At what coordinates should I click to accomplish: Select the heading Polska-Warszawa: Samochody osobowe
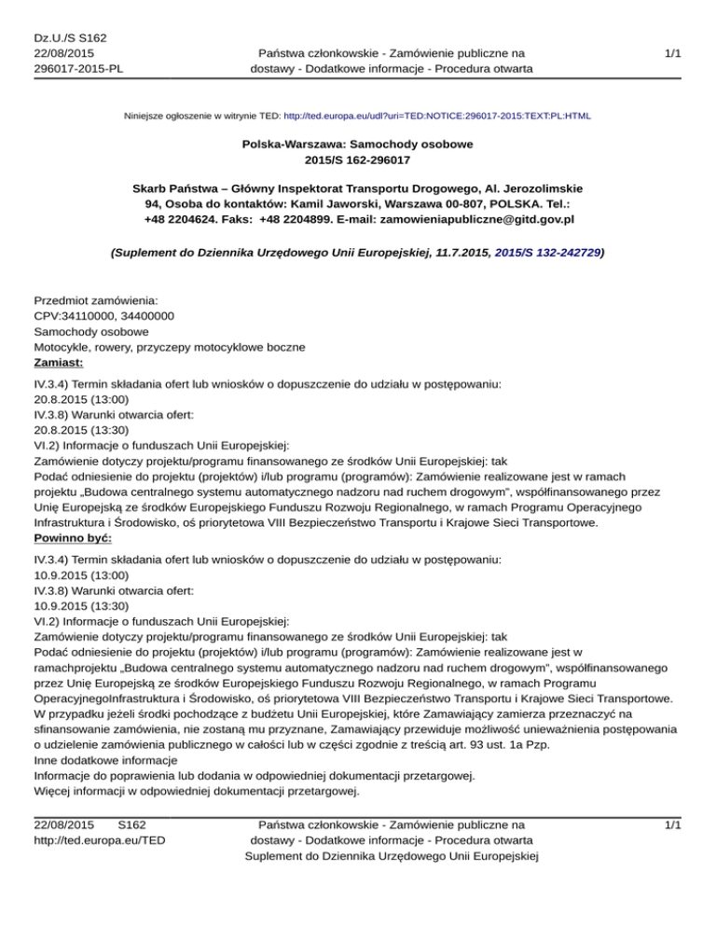357,145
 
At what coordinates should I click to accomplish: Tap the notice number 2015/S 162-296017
357,161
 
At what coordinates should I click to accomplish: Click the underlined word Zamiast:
59,363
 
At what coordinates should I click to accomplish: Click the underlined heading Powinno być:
73,539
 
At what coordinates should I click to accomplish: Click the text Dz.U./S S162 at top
70,37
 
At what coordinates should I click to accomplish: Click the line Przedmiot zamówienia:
95,300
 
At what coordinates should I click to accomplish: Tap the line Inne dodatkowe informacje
108,758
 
